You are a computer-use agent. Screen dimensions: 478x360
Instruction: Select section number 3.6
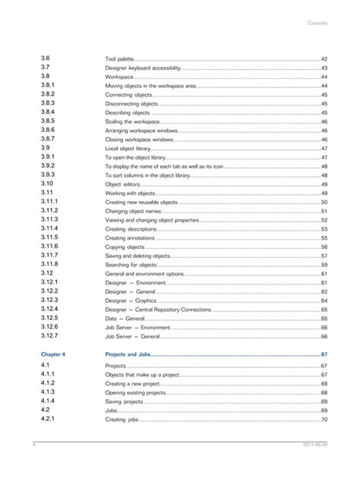click(x=46, y=58)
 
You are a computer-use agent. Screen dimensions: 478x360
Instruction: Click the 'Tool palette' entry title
click(x=119, y=59)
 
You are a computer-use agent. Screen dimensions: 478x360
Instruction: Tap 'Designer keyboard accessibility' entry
click(x=143, y=68)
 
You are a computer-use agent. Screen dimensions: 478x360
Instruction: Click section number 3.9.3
click(x=48, y=175)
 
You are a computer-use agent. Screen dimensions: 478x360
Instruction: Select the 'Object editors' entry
click(x=123, y=184)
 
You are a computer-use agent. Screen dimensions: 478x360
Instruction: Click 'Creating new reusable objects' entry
click(x=141, y=203)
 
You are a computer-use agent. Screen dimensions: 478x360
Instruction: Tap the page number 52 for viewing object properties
click(x=324, y=220)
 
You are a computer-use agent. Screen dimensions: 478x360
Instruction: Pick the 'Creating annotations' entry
click(x=130, y=238)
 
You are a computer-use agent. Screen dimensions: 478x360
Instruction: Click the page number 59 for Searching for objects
click(x=324, y=265)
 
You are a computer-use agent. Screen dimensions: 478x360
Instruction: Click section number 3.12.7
click(x=49, y=335)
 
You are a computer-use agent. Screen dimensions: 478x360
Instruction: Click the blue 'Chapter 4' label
click(x=53, y=354)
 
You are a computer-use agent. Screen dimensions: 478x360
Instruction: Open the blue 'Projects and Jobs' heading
click(x=128, y=354)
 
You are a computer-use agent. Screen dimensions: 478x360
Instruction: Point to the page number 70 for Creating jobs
click(x=324, y=420)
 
